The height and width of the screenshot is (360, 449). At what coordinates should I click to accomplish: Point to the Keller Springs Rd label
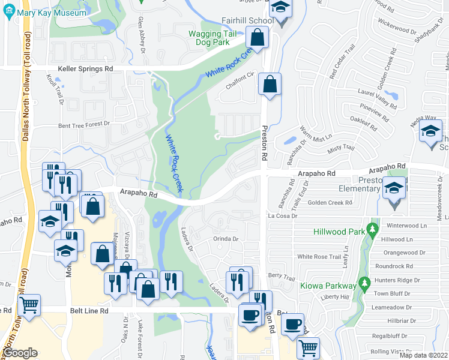[x=85, y=69]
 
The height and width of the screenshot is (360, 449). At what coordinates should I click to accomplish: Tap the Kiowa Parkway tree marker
[x=363, y=282]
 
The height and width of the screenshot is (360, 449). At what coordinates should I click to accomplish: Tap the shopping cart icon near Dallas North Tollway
[x=28, y=305]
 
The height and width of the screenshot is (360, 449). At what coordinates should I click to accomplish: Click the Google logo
[x=20, y=353]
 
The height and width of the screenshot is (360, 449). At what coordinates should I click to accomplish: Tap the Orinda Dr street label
[x=226, y=239]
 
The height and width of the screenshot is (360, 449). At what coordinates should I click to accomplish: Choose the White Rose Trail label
[x=319, y=256]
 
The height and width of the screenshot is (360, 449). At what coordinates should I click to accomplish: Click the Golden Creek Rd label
[x=330, y=203]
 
